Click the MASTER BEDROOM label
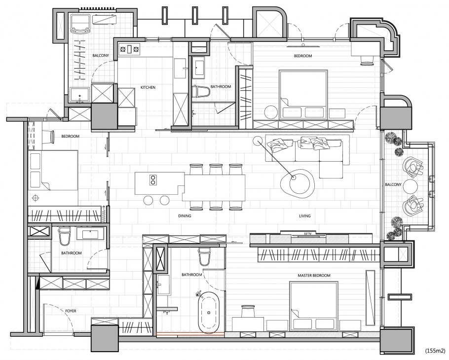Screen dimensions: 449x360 coord(314,275)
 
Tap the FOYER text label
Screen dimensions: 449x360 coord(71,311)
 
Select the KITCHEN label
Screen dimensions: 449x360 coord(148,87)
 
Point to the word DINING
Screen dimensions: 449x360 coord(185,216)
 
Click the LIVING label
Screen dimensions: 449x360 coord(304,216)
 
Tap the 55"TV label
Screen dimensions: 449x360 coord(307,234)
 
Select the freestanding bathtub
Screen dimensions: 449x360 coord(209,313)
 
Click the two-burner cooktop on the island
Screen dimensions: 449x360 coord(153,180)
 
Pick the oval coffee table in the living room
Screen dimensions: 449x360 coord(297,183)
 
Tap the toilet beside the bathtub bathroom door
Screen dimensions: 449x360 coord(204,256)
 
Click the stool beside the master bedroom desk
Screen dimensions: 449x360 coord(248,311)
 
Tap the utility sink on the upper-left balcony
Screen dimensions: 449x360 coord(80,95)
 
